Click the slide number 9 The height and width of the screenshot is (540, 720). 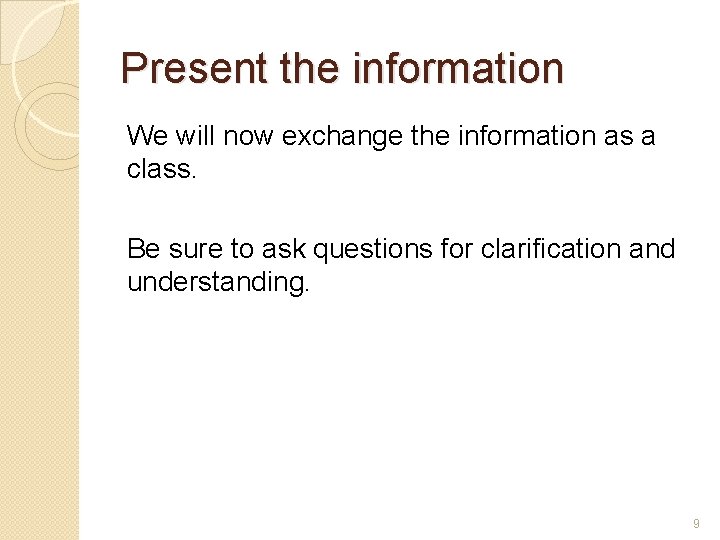click(696, 524)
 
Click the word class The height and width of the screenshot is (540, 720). click(160, 170)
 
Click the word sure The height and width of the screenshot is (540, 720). click(186, 248)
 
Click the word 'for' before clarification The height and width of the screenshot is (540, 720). click(455, 248)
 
